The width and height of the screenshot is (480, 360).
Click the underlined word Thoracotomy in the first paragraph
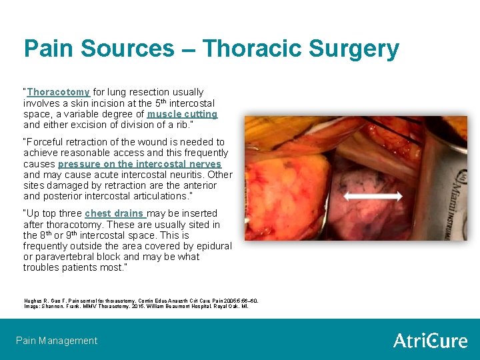(x=59, y=92)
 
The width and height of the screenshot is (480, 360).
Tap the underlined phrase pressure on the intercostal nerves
(x=139, y=164)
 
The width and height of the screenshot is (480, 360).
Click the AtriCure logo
(x=430, y=341)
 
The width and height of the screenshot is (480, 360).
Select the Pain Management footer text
(x=57, y=341)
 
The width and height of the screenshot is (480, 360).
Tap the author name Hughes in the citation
(x=33, y=301)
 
